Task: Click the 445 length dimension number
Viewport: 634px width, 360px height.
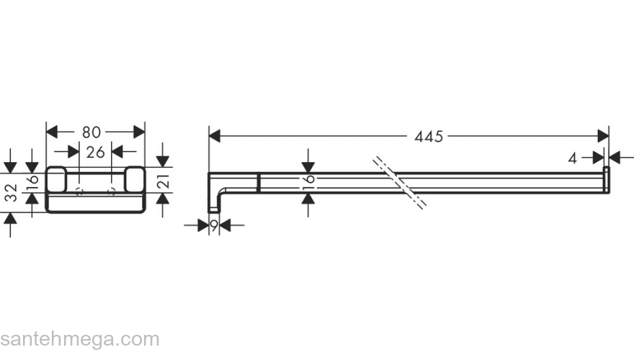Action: click(x=429, y=137)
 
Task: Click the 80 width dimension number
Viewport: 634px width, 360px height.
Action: click(x=91, y=132)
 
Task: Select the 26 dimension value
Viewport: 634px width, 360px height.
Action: click(x=95, y=153)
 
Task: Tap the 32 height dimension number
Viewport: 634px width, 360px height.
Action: click(x=12, y=192)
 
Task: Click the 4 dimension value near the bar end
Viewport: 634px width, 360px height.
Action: click(x=572, y=159)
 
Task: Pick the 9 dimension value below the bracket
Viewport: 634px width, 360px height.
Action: click(x=214, y=225)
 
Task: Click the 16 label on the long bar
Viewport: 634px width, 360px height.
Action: click(x=308, y=183)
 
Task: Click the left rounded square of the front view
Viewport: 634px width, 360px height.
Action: click(x=56, y=179)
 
